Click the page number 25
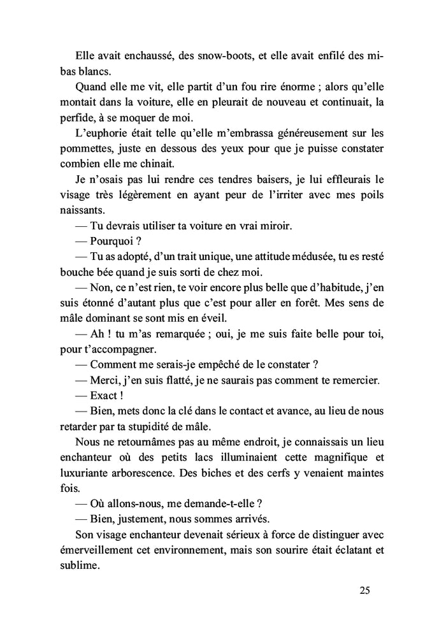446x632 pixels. click(364, 590)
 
